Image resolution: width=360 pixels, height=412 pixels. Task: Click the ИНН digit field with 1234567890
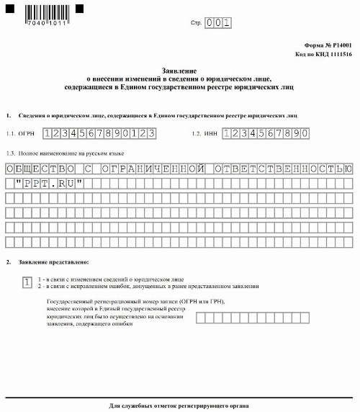pos(266,133)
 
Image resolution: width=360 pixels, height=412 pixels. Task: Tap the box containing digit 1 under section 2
pos(27,282)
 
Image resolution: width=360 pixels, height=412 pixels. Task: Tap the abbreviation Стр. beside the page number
pos(195,24)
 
